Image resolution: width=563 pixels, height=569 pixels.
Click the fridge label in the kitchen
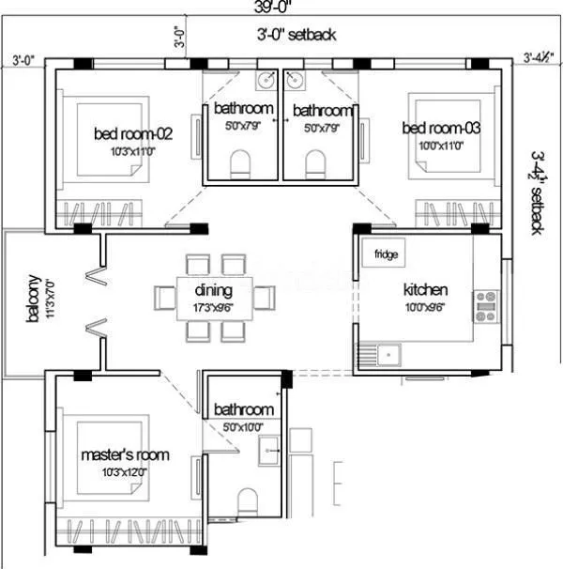(x=386, y=254)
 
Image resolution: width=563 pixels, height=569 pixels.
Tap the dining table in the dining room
(x=214, y=298)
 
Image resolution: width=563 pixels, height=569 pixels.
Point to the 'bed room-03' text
(x=441, y=128)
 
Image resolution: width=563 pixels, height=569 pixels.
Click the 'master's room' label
(x=125, y=454)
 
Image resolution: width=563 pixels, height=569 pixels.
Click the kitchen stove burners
(x=486, y=307)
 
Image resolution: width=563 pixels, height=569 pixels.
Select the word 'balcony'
(x=33, y=300)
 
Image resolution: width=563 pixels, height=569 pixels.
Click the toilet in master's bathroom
(x=248, y=500)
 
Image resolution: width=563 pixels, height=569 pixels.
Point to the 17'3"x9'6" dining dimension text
(x=213, y=305)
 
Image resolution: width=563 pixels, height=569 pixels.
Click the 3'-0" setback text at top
(x=297, y=35)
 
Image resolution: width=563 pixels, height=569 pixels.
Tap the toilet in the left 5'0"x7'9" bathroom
(x=241, y=166)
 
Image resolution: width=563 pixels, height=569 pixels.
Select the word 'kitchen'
(x=425, y=289)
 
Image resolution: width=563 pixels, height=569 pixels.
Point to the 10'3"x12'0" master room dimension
(x=125, y=471)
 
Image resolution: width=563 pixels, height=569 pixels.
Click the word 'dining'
(x=213, y=289)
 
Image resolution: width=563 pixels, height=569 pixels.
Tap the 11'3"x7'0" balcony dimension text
(x=47, y=300)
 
